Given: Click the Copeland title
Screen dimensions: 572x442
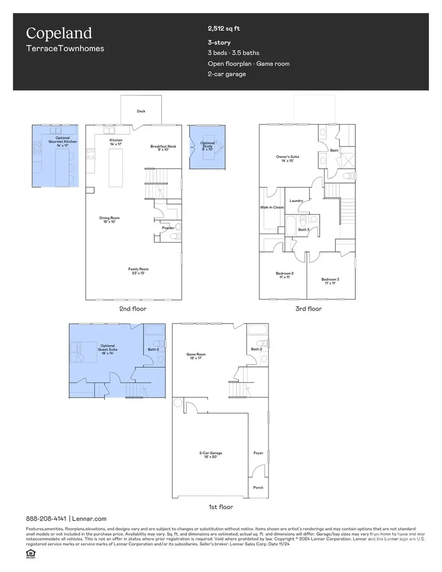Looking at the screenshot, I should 59,33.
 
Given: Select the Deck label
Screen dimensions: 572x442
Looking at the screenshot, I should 140,111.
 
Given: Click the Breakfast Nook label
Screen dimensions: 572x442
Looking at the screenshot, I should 164,148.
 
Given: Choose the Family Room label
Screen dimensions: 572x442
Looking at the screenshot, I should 138,270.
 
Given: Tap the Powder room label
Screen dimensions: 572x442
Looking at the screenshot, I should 168,228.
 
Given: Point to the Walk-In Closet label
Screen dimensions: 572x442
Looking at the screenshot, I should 272,208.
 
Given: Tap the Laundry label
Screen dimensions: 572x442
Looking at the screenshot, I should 296,201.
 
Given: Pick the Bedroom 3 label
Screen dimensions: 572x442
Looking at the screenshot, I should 331,281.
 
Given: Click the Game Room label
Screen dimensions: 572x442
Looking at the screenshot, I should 195,356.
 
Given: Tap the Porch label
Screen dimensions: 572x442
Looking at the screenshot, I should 258,488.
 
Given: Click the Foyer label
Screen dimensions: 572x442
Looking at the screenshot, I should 258,453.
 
